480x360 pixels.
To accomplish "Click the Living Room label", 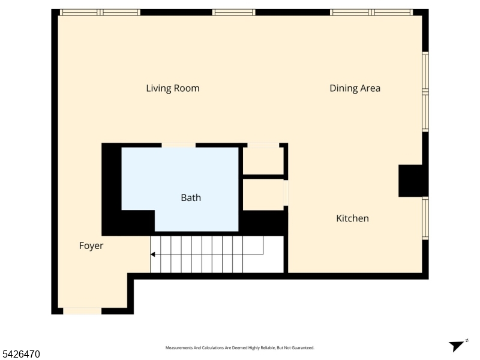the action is tap(173, 88).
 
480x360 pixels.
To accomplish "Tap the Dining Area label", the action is tap(355, 88).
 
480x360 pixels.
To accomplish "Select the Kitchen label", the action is tap(352, 218).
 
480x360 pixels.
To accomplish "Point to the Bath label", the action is tap(191, 198).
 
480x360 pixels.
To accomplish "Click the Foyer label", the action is tap(91, 245).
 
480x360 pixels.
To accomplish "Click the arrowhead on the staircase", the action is tap(152, 254).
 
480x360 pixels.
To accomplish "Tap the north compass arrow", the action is tap(457, 346).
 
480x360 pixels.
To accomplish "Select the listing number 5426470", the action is tap(20, 354).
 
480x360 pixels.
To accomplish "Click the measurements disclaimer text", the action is tap(239, 348).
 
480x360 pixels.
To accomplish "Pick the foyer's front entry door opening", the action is tap(82, 311).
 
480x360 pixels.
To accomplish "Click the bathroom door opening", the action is tap(178, 145).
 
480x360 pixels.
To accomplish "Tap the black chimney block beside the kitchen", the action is tap(410, 181).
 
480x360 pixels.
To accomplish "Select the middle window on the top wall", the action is tap(233, 12).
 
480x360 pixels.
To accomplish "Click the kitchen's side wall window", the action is tap(425, 218).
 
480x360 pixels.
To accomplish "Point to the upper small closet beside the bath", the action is tap(263, 161).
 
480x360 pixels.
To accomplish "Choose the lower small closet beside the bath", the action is tap(263, 194).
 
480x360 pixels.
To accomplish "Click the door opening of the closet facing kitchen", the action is tap(286, 193).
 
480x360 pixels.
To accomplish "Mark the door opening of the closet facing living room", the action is tap(263, 145).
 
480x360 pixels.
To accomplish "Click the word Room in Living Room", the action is tap(186, 88).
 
